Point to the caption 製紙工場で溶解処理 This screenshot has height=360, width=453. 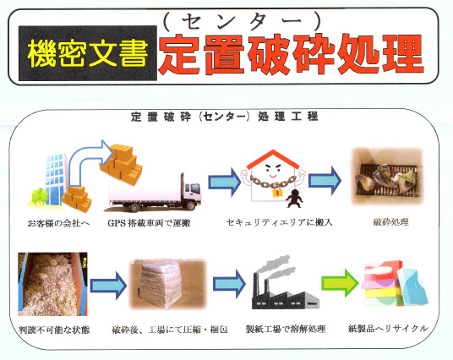pyautogui.click(x=281, y=328)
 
